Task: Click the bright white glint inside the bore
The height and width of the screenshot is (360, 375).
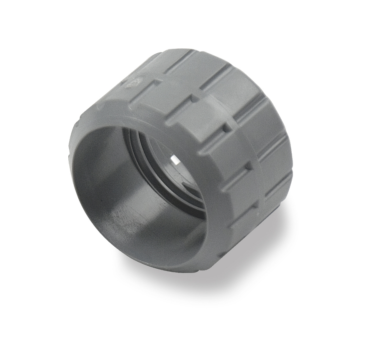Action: [175, 160]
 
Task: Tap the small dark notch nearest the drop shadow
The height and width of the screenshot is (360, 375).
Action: [249, 166]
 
